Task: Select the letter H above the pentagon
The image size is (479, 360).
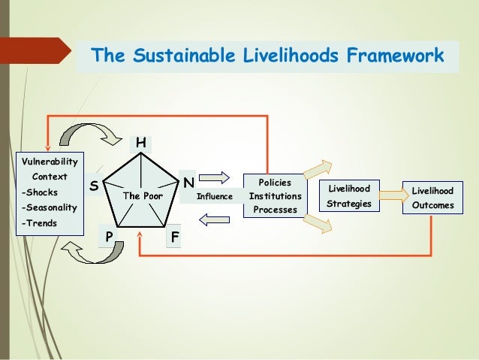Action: (140, 142)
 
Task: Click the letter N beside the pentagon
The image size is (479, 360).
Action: (188, 183)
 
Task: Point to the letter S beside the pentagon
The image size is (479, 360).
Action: (94, 184)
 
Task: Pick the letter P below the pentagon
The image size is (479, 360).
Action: (109, 237)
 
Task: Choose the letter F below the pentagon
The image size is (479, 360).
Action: (175, 237)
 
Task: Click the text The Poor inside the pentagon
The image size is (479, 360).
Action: (143, 196)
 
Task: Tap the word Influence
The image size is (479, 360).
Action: (215, 197)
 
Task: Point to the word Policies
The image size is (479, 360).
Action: (274, 183)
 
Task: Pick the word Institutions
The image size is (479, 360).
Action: (275, 196)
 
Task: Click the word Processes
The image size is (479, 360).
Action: (275, 210)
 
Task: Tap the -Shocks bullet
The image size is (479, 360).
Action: (40, 192)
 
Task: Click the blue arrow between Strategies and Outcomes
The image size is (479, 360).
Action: (390, 195)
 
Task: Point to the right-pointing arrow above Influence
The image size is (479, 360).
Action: (215, 177)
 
